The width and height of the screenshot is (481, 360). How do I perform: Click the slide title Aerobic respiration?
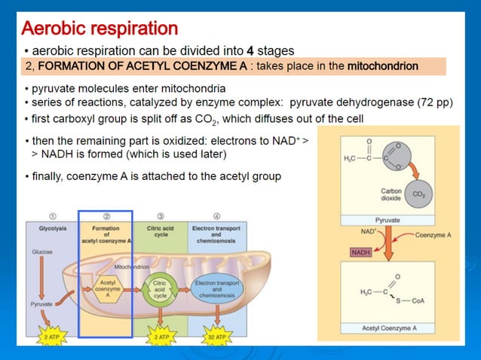coord(100,29)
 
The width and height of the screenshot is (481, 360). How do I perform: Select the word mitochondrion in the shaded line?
coord(382,66)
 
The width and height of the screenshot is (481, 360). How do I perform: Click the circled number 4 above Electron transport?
coord(216,216)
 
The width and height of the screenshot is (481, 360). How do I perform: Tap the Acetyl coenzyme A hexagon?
coord(106,291)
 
